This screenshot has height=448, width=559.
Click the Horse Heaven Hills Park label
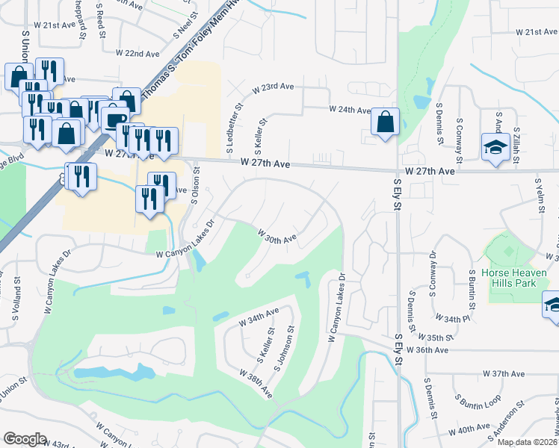pyautogui.click(x=514, y=278)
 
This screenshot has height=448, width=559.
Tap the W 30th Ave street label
pyautogui.click(x=278, y=238)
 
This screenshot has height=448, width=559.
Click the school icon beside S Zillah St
pyautogui.click(x=495, y=146)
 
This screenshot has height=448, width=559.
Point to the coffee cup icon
pyautogui.click(x=114, y=119)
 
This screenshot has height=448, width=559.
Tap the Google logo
pyautogui.click(x=25, y=438)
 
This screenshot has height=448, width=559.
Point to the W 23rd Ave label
pyautogui.click(x=273, y=87)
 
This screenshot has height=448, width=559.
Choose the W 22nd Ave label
pyautogui.click(x=138, y=54)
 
